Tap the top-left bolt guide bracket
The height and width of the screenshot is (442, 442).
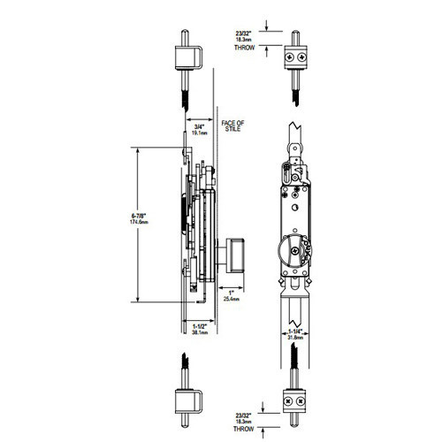tap(187, 59)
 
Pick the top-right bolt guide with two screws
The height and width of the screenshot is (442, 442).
tap(293, 58)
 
